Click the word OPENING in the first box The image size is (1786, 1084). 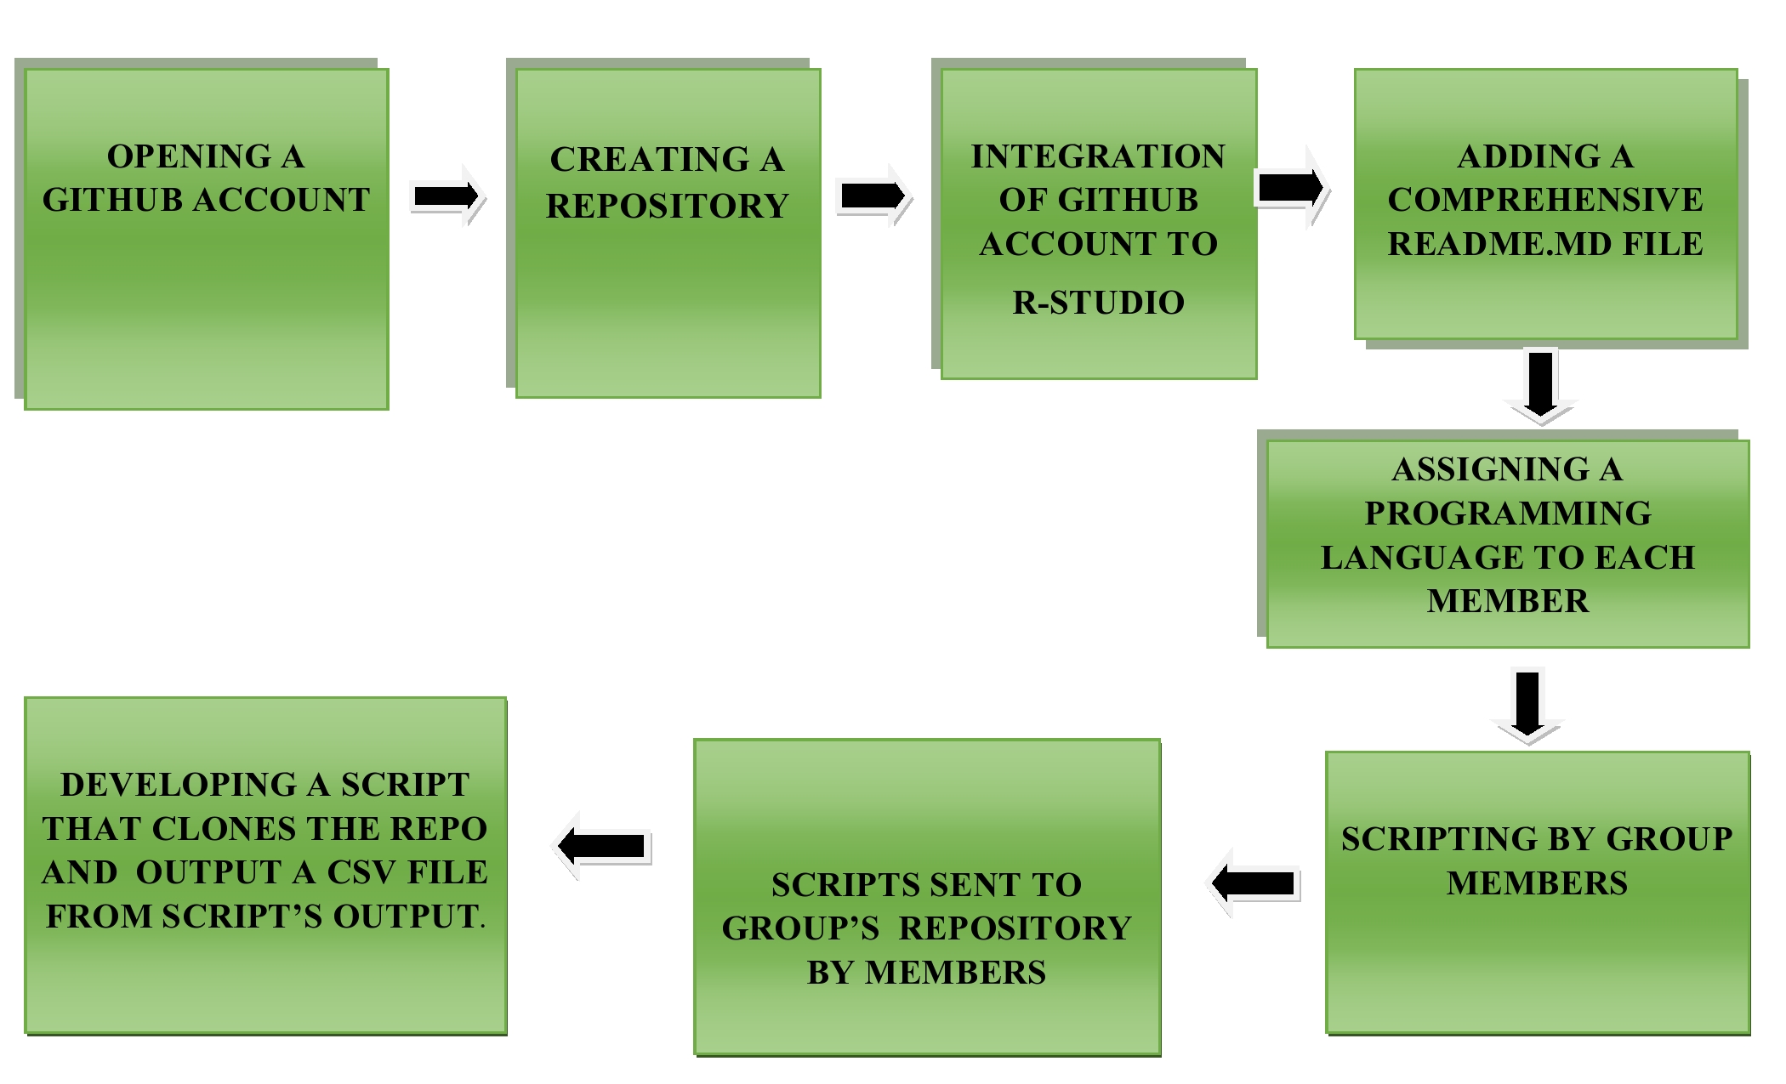(188, 156)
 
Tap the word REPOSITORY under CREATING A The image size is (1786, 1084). (667, 206)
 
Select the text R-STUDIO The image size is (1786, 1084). (1098, 303)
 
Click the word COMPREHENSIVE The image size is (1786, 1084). (1544, 200)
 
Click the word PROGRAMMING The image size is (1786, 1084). (1507, 514)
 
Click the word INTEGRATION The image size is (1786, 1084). (1098, 156)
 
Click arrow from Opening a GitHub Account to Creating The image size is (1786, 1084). (446, 196)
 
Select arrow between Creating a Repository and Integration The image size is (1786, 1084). (873, 196)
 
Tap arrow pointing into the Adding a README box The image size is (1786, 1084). (1291, 187)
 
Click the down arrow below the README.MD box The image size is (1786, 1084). (1541, 385)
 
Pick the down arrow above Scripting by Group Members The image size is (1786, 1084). (1527, 706)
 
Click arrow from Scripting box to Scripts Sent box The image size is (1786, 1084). (1255, 883)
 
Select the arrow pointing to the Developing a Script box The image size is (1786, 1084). (603, 846)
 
